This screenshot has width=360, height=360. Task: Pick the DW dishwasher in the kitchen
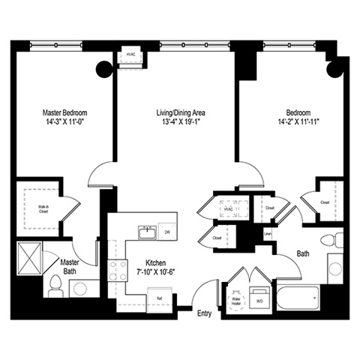pos(167,233)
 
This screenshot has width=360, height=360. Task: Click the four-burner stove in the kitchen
pos(117,271)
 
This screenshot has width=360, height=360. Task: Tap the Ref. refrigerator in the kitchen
pos(160,298)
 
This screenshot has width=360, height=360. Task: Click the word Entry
pos(205,313)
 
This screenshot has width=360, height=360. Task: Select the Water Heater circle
pos(237,298)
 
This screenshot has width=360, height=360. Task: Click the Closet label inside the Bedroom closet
pos(325,202)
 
